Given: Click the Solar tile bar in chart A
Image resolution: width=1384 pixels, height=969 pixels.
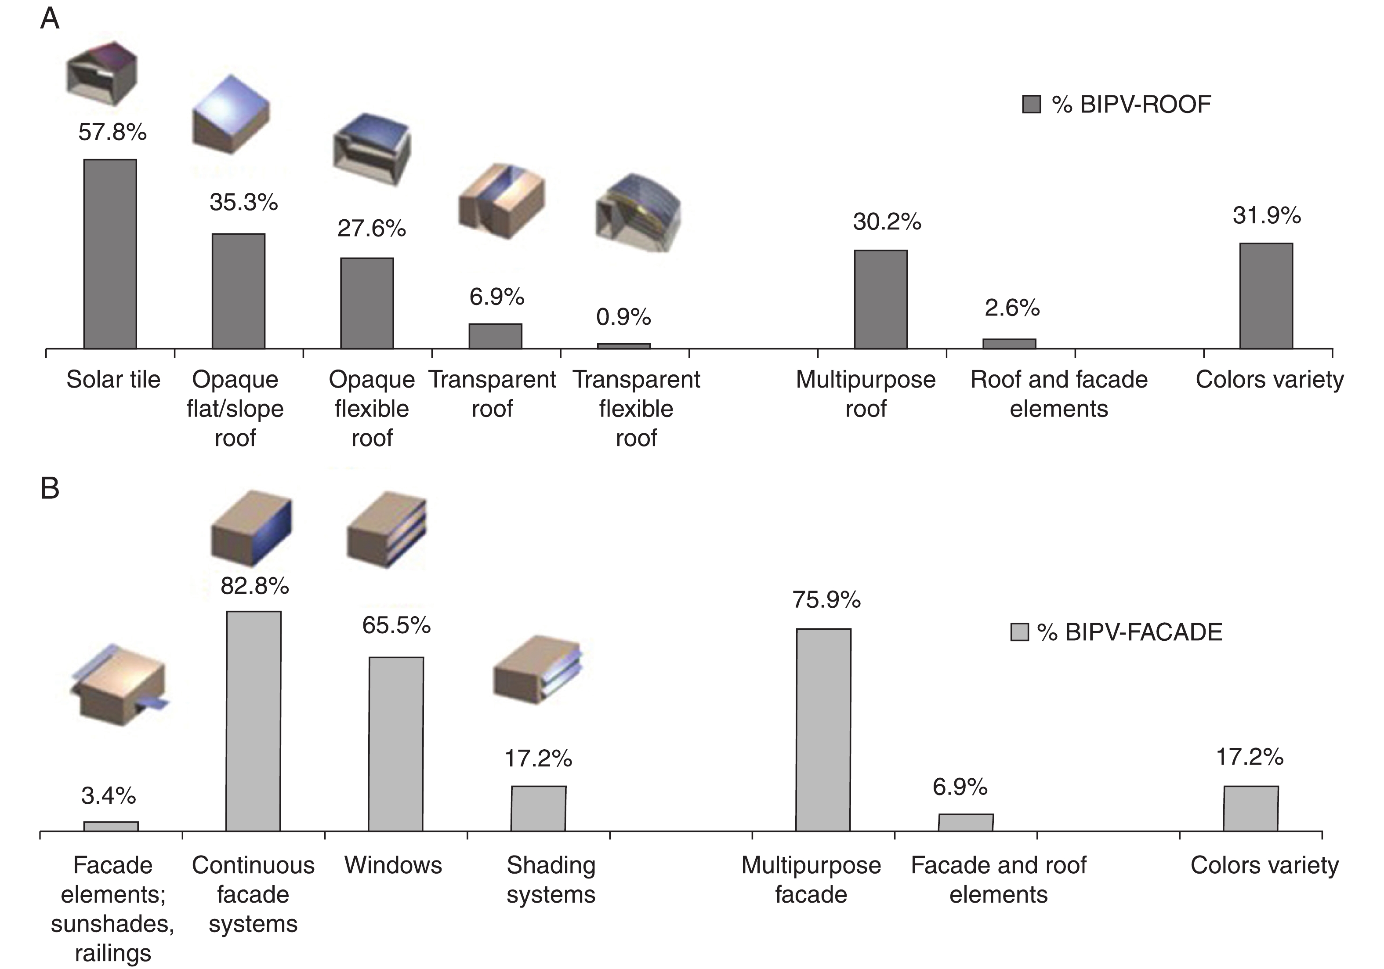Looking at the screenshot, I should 110,254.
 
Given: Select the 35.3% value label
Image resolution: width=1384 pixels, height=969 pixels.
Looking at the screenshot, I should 243,203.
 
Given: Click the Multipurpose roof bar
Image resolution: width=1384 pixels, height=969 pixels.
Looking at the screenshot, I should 880,299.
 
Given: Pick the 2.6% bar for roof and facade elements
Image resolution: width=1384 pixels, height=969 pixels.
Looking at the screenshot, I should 1009,344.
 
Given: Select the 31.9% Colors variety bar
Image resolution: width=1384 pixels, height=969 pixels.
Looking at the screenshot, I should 1266,295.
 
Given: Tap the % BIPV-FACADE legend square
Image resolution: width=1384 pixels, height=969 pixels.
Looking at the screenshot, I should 1019,632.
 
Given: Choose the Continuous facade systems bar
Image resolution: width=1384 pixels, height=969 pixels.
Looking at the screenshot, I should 253,721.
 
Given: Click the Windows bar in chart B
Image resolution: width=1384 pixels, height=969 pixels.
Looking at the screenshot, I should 395,744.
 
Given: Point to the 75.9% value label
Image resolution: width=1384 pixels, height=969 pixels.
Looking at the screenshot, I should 826,600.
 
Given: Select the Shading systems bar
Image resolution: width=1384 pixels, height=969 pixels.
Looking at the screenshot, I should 538,808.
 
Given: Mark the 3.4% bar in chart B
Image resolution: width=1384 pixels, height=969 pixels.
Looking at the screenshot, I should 111,826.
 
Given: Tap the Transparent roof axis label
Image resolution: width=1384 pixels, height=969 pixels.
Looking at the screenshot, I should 492,394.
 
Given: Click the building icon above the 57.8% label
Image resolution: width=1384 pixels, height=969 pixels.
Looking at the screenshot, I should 101,73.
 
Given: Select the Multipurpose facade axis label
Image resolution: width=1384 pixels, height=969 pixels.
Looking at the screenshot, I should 811,880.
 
